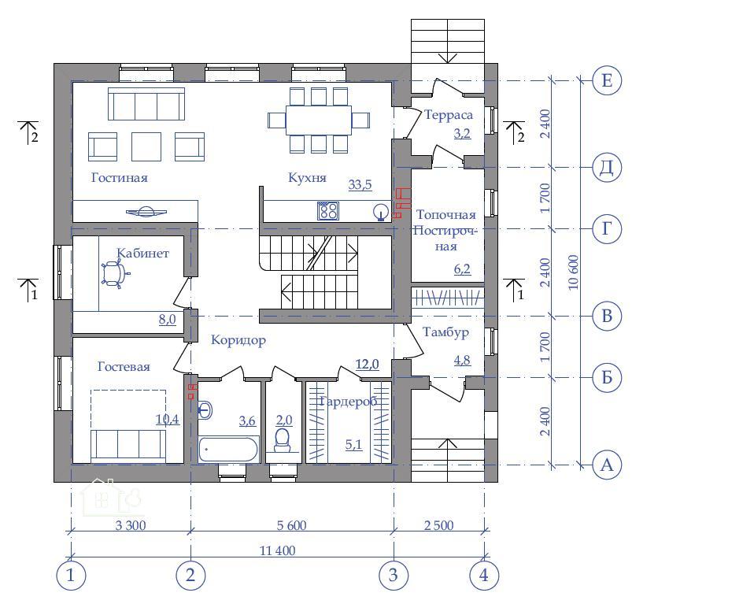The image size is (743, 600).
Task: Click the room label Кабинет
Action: coord(142,253)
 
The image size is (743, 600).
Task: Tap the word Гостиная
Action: coord(120,178)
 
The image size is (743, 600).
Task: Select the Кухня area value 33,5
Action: coord(360,185)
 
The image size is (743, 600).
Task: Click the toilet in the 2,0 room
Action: coord(282,440)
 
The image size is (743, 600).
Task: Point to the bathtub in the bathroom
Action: coord(228,450)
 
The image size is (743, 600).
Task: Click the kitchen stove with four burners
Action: coord(328,211)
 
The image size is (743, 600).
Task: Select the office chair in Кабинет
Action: coord(114,274)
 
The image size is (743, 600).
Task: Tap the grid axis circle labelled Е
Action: coord(607,80)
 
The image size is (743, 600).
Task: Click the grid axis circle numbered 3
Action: coord(394,576)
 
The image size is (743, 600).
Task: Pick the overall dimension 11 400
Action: coord(278,550)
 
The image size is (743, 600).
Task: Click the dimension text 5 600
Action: coord(291,526)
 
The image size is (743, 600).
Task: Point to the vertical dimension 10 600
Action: coord(574,272)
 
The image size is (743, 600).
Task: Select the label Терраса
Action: coord(449,115)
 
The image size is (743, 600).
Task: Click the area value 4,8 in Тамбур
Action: coord(463,360)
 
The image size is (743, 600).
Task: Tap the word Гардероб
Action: coord(349,402)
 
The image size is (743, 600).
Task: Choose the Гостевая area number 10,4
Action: coord(168,419)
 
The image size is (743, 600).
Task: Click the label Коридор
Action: coord(238,340)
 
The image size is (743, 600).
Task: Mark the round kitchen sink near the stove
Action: coord(380,211)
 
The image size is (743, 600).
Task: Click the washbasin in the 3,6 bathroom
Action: coord(205,409)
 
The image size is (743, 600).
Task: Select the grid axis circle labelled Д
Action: coord(607,167)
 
